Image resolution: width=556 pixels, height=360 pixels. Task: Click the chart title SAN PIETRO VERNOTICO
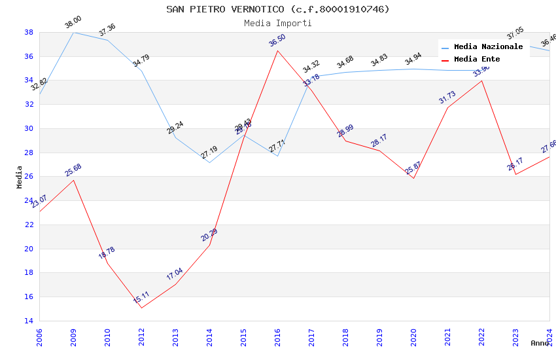278,9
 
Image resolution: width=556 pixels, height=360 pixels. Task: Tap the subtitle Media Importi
278,23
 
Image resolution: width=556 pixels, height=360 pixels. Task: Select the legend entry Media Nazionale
488,47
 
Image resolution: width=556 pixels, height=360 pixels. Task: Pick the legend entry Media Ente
477,60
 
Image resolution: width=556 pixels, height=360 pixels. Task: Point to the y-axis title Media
20,177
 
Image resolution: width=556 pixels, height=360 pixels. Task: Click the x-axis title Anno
540,343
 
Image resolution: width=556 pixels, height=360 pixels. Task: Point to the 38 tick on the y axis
29,32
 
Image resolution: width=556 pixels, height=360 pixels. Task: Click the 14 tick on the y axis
29,321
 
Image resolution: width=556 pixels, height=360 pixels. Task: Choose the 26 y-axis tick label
29,177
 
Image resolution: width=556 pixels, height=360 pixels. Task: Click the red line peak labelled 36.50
277,50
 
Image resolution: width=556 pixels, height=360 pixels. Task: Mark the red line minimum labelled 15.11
141,308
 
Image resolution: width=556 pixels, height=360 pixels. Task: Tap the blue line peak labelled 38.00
73,32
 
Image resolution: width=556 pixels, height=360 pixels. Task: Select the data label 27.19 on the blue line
209,153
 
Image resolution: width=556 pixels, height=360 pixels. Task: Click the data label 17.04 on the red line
175,274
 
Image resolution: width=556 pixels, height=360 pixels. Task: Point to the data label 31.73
447,98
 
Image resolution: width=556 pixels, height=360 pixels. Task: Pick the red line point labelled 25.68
73,180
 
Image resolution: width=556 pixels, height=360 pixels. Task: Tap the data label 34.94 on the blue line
413,62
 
